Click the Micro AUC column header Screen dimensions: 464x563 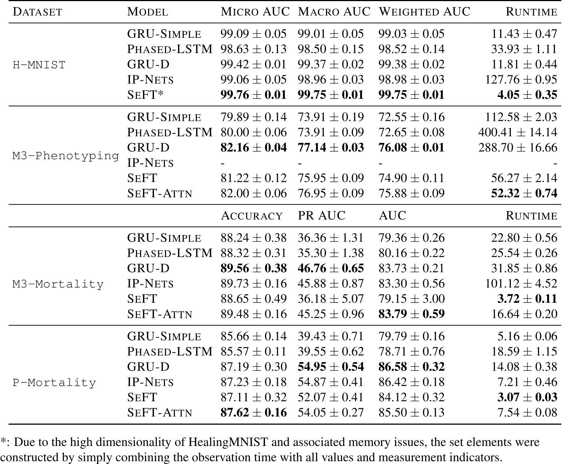255,12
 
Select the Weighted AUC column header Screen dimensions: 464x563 424,12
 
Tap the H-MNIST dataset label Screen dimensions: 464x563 39,65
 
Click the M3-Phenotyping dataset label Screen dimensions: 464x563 66,156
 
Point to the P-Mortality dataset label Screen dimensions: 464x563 54,382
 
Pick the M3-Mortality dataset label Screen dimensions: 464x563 58,284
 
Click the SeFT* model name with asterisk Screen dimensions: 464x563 145,95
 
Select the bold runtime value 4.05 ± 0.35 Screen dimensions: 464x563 527,95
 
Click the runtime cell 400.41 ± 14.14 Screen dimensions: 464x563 517,132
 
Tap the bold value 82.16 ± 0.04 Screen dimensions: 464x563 253,147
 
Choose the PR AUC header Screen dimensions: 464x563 322,215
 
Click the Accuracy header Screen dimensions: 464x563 252,215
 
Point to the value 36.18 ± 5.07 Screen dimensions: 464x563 330,298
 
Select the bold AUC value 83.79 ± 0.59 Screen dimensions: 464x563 411,314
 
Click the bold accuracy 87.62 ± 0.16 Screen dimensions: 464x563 253,412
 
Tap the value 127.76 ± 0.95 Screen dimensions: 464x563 521,80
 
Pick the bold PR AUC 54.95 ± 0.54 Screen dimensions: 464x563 330,366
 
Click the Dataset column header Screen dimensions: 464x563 37,12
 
